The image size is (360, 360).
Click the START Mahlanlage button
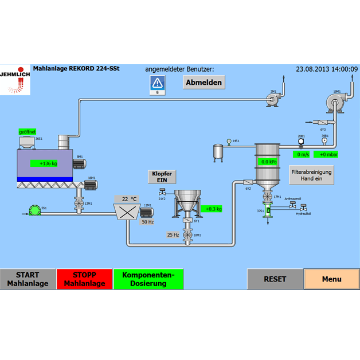pyautogui.click(x=28, y=279)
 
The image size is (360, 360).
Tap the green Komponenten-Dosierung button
pyautogui.click(x=148, y=279)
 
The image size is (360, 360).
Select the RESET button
pyautogui.click(x=275, y=279)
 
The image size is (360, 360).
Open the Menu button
pyautogui.click(x=331, y=279)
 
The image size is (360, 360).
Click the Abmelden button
pyautogui.click(x=204, y=83)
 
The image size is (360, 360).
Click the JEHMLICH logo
pyautogui.click(x=15, y=80)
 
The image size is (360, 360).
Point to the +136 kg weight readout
pyautogui.click(x=49, y=163)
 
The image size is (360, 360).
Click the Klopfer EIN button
pyautogui.click(x=162, y=177)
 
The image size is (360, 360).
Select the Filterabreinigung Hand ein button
pyautogui.click(x=311, y=175)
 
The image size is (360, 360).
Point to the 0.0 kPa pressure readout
pyautogui.click(x=269, y=162)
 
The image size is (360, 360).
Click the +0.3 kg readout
pyautogui.click(x=213, y=209)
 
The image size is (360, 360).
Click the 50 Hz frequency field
pyautogui.click(x=147, y=221)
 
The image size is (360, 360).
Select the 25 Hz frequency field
pyautogui.click(x=173, y=234)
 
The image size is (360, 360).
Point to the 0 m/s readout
pyautogui.click(x=302, y=154)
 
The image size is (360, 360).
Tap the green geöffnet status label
pyautogui.click(x=28, y=131)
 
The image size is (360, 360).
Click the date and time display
pyautogui.click(x=326, y=69)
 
